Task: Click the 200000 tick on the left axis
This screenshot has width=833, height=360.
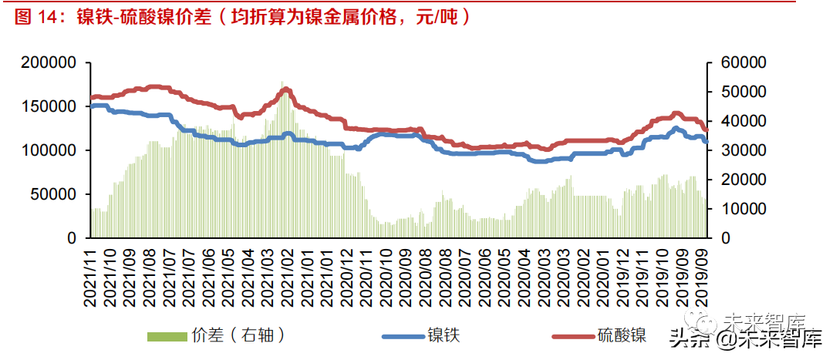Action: tap(49, 62)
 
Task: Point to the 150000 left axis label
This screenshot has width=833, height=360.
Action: tap(49, 106)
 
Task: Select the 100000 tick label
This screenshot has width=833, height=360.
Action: tap(49, 150)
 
